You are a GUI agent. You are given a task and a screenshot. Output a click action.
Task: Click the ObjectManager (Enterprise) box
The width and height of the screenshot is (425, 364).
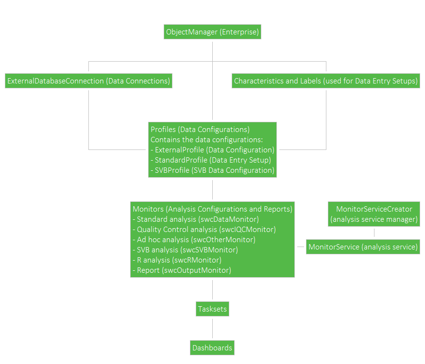tap(212, 33)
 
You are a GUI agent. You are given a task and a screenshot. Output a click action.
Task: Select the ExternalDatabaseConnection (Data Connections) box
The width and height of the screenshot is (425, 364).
tap(89, 81)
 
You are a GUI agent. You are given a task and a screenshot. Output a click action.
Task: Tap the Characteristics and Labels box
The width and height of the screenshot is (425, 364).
tap(326, 81)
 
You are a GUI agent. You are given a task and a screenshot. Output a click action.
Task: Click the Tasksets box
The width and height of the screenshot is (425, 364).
tap(212, 309)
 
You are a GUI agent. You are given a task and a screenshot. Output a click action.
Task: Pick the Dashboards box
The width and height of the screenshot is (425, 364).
tap(212, 347)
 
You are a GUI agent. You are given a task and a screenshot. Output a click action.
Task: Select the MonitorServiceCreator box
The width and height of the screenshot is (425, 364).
tap(374, 214)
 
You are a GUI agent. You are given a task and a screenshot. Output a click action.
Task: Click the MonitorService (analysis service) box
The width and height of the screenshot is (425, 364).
tap(363, 247)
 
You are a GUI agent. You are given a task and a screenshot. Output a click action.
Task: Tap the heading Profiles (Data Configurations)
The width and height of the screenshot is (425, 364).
tap(200, 130)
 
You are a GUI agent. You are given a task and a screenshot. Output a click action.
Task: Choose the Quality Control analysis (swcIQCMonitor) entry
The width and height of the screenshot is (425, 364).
tap(206, 230)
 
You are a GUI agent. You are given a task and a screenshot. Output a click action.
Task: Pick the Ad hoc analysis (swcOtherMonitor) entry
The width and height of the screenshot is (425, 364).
tap(196, 240)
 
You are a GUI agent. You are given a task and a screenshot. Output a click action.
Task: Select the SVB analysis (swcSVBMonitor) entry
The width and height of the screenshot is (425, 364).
tap(187, 250)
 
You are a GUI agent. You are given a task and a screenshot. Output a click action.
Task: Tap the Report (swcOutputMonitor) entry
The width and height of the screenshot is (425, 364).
tap(184, 270)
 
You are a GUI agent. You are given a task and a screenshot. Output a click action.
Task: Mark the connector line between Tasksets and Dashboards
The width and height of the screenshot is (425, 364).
tap(212, 328)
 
